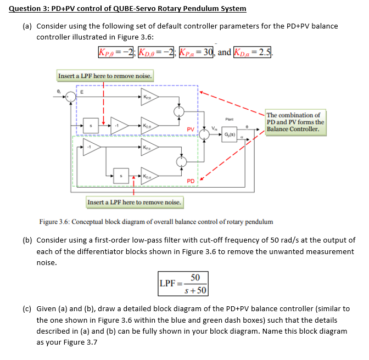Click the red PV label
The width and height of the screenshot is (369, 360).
(x=189, y=129)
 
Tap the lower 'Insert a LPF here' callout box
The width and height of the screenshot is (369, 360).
(x=134, y=203)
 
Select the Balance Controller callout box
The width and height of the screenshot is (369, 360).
(x=295, y=122)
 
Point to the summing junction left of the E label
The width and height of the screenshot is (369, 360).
(x=69, y=97)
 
